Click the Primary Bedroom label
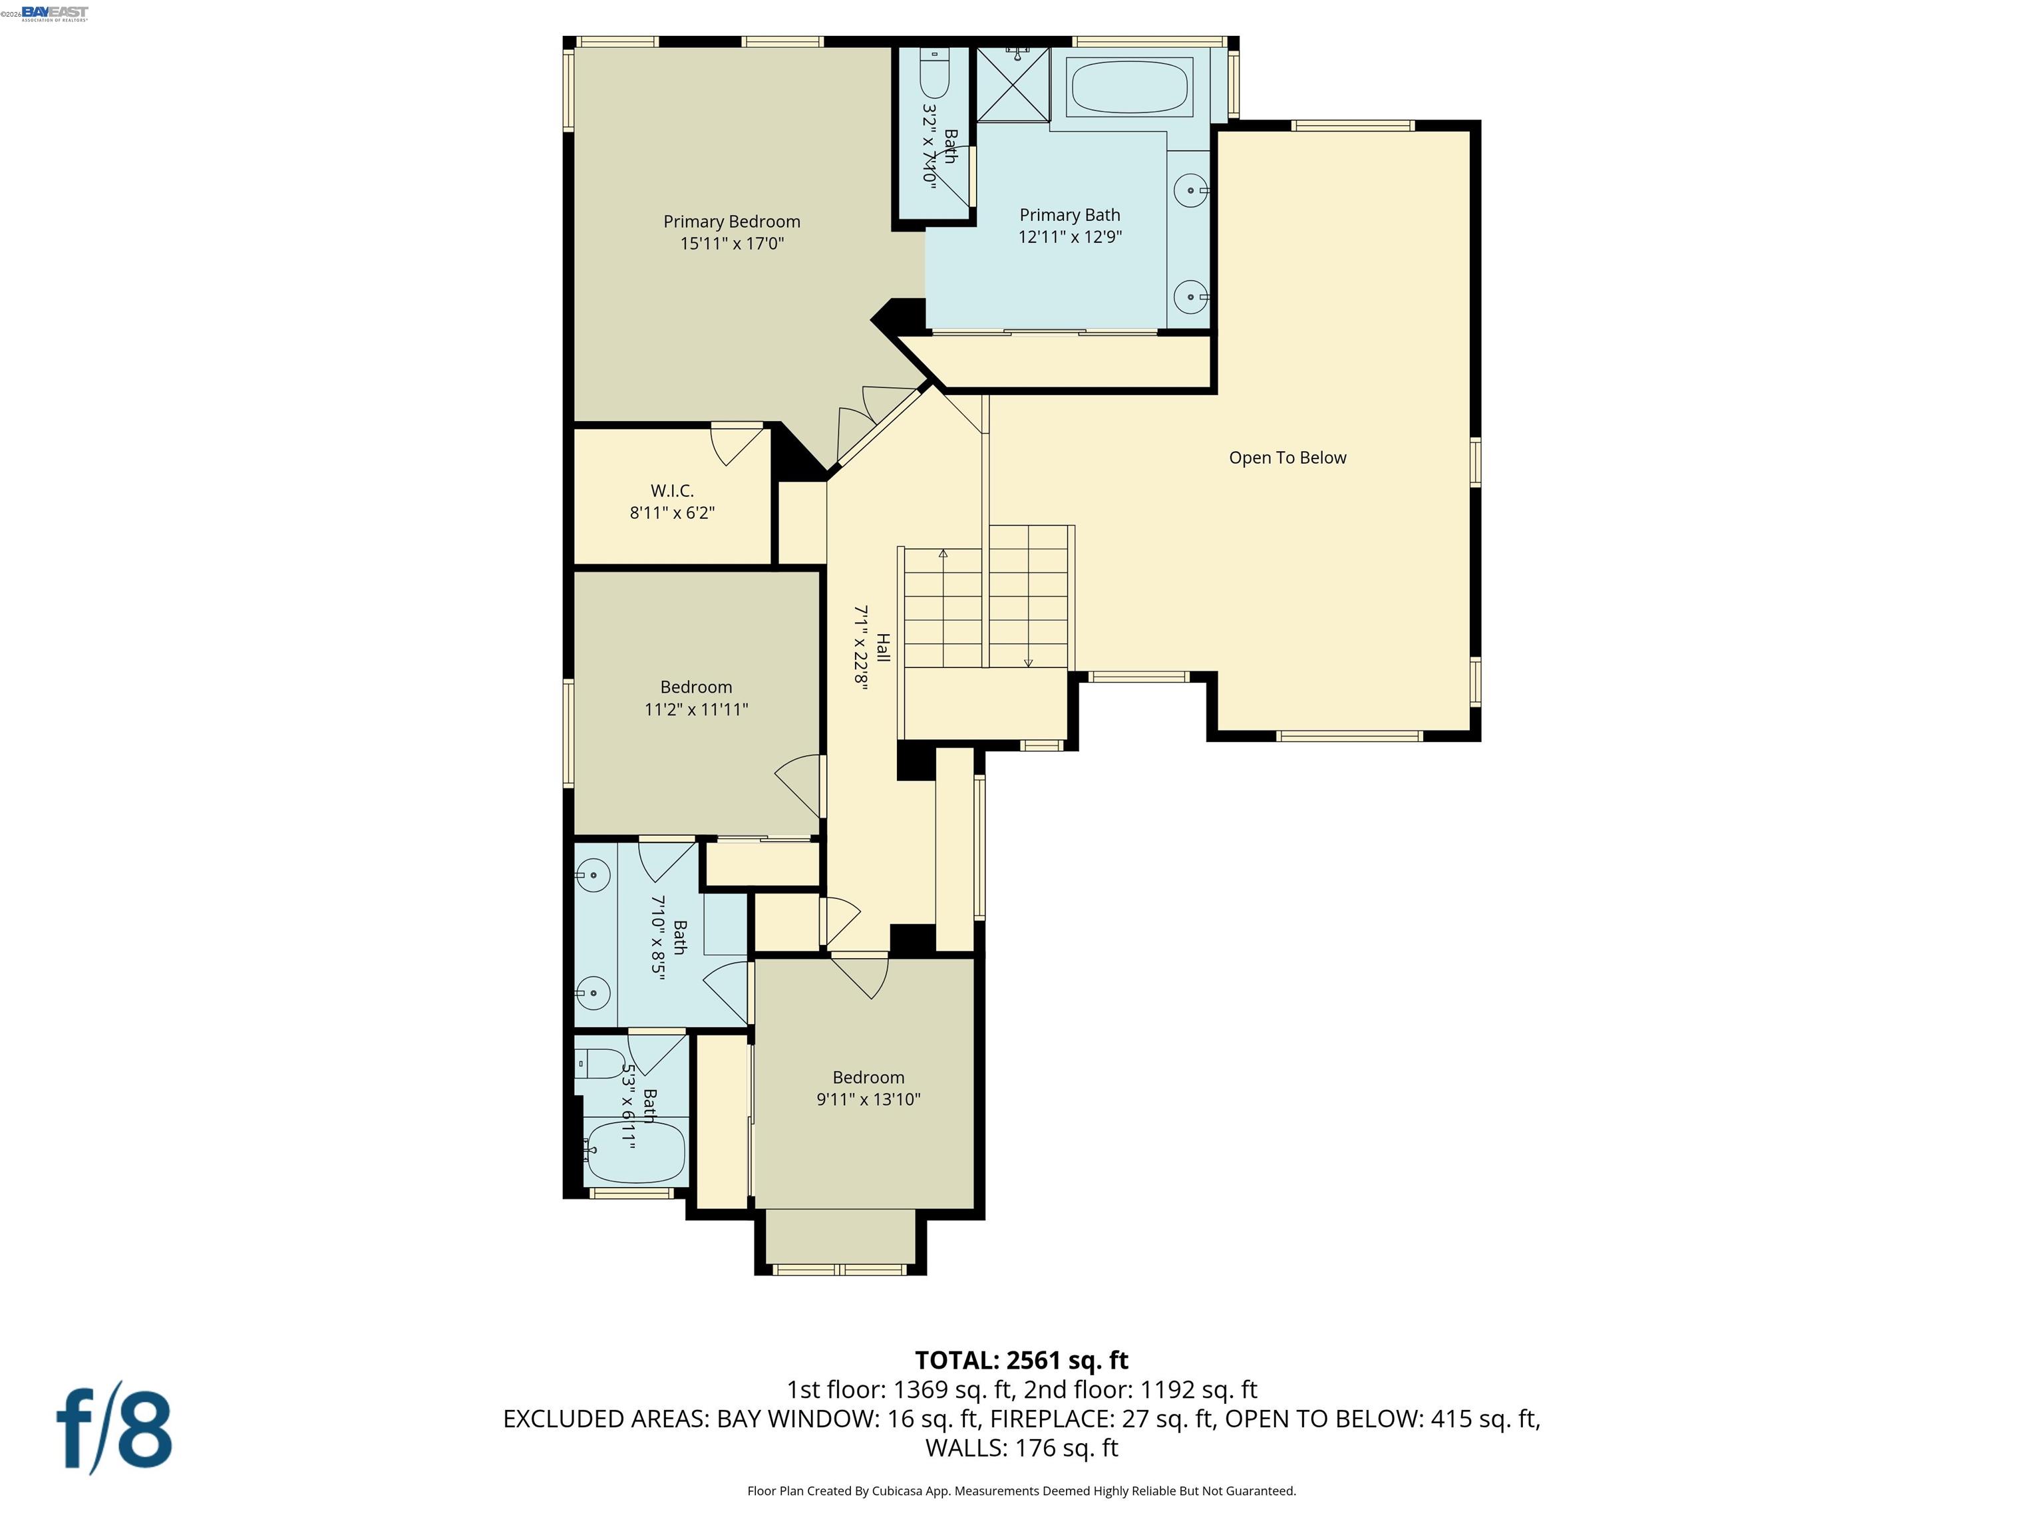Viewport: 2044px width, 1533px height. click(731, 222)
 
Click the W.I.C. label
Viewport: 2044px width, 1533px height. click(672, 490)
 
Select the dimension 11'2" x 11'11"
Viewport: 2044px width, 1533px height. click(696, 710)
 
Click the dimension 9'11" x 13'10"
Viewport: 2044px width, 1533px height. click(868, 1100)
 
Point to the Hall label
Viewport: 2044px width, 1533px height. click(882, 647)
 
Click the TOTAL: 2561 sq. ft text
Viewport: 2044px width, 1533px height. click(1021, 1360)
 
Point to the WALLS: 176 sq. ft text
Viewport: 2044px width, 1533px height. click(1021, 1448)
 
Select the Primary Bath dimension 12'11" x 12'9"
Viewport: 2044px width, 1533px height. click(1069, 237)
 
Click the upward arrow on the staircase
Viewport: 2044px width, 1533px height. click(943, 554)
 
